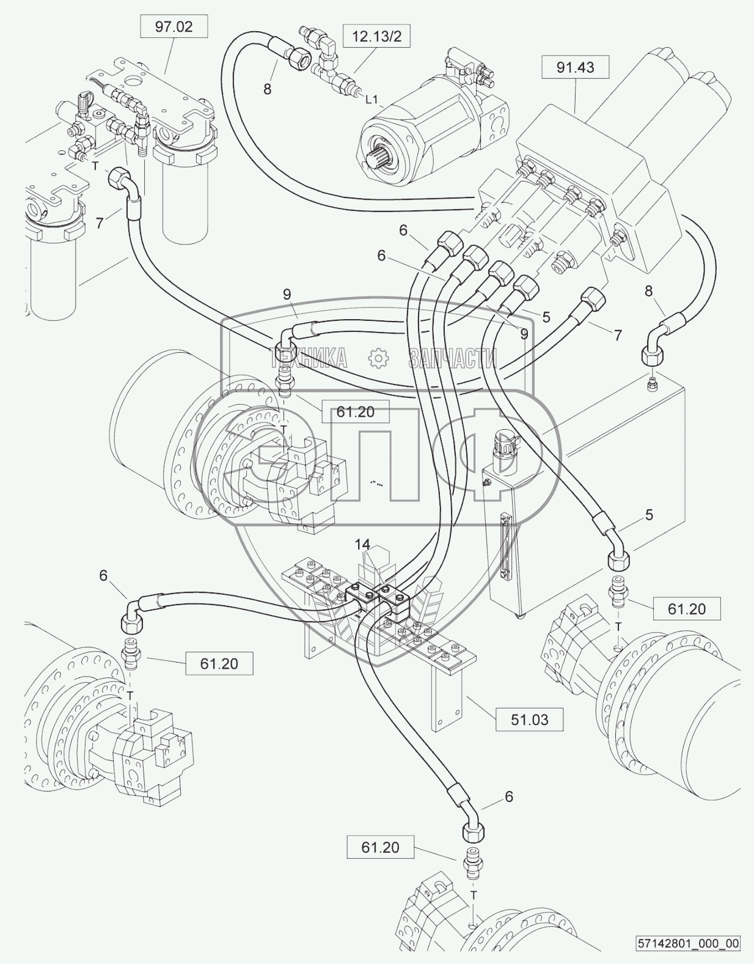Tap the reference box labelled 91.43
tap(576, 67)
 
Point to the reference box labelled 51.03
tap(529, 719)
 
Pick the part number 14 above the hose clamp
tap(362, 544)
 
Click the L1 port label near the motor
tap(372, 97)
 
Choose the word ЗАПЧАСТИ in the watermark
tap(452, 358)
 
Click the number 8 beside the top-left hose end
tap(267, 89)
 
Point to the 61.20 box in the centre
tap(355, 412)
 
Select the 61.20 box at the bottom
tap(380, 847)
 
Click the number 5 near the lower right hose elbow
tap(649, 515)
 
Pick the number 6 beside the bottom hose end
tap(508, 797)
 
